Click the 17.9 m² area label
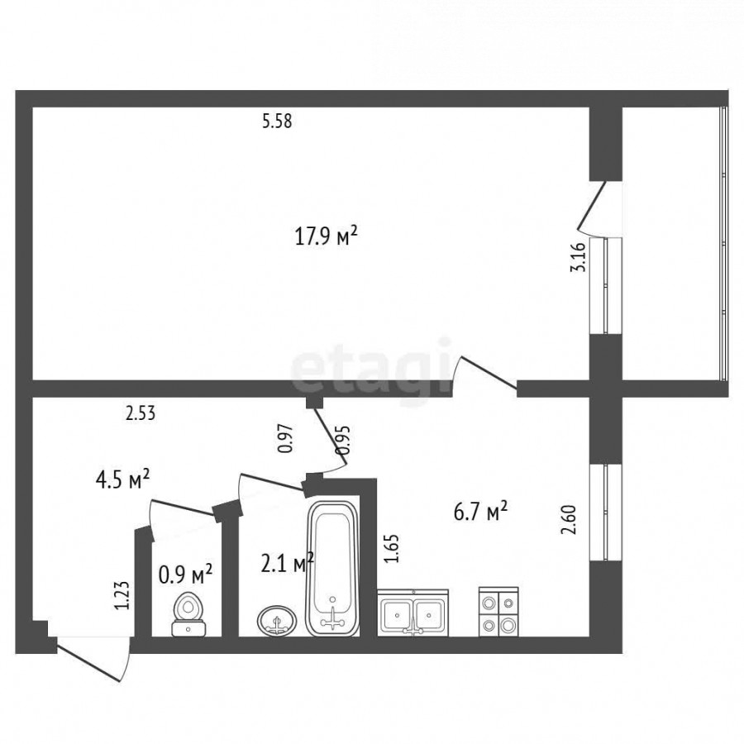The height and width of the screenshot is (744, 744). click(326, 236)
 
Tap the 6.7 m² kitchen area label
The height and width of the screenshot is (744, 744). click(480, 512)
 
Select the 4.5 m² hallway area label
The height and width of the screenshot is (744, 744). click(123, 479)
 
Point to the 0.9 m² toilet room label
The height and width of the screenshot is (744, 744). click(185, 575)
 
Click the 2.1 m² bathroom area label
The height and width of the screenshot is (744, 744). click(288, 563)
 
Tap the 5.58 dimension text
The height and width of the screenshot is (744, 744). click(277, 122)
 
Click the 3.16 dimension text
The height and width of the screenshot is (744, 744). click(578, 255)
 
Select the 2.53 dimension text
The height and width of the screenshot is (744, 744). click(141, 413)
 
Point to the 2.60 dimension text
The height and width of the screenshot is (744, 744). click(569, 520)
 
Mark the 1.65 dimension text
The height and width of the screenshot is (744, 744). click(392, 549)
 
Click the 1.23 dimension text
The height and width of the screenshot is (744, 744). click(122, 595)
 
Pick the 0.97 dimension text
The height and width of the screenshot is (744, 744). click(285, 438)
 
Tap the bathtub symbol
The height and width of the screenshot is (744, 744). click(332, 569)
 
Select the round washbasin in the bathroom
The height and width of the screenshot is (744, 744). click(277, 620)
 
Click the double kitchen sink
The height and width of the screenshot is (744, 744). click(413, 612)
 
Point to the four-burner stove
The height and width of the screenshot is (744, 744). click(498, 612)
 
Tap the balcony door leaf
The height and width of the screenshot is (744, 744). click(591, 203)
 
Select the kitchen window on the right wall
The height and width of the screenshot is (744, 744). click(605, 513)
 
